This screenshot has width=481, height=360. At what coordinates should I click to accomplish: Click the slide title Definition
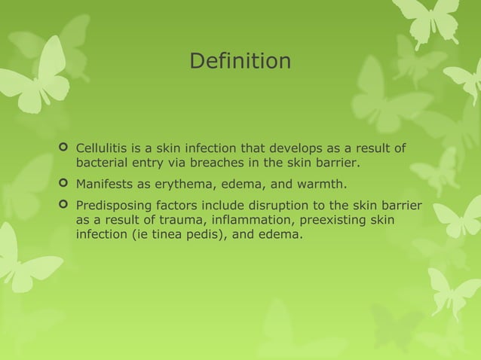pyautogui.click(x=240, y=61)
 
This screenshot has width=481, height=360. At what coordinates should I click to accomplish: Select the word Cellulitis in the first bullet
pyautogui.click(x=102, y=146)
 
